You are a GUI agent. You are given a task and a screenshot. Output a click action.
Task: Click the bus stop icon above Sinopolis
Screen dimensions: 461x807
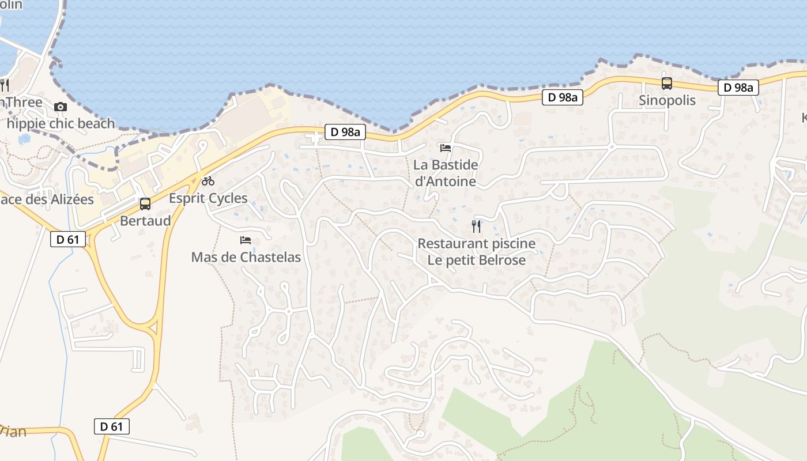click(x=666, y=84)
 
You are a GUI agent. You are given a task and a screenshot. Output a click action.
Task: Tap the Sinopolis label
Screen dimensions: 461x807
click(x=667, y=100)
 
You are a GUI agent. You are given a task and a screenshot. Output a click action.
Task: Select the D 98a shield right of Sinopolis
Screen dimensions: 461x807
click(x=738, y=88)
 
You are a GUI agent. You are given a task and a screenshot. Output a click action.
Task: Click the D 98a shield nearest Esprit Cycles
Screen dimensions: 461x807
click(x=345, y=132)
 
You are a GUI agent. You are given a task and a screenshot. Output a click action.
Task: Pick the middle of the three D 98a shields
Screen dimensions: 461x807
click(x=563, y=97)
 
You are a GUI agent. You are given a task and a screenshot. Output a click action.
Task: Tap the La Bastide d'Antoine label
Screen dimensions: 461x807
click(x=446, y=173)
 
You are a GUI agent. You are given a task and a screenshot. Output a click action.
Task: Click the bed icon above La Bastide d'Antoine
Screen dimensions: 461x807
click(x=445, y=148)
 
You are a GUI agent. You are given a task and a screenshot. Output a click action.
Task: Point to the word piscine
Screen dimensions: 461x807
click(x=507, y=244)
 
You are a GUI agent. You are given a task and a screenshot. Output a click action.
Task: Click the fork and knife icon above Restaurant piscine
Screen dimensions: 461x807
click(x=476, y=226)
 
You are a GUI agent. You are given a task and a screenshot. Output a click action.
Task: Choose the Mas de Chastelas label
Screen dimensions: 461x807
click(x=246, y=257)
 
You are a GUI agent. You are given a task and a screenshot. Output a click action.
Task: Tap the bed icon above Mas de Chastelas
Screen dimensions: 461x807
click(x=246, y=240)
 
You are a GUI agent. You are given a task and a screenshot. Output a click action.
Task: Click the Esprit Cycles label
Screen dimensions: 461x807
click(x=208, y=198)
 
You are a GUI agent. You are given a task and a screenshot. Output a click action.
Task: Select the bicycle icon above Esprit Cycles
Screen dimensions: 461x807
click(x=208, y=181)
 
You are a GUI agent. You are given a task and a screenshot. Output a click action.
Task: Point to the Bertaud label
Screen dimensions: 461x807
click(x=145, y=221)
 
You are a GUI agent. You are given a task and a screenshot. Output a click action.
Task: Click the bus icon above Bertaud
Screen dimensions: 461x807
click(x=145, y=203)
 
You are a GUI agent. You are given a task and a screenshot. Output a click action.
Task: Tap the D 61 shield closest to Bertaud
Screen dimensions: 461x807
click(x=68, y=239)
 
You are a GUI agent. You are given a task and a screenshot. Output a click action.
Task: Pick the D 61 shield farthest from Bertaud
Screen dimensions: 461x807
click(x=112, y=426)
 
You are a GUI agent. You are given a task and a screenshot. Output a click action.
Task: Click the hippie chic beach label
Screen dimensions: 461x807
click(x=61, y=123)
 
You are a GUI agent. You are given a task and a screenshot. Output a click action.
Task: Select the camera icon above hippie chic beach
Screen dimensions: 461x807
click(x=60, y=107)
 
